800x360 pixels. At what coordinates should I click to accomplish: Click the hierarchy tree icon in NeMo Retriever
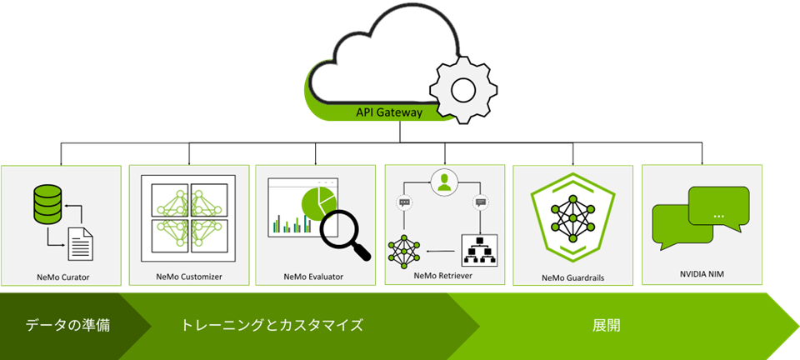point(480,249)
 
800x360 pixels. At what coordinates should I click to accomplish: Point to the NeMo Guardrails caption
point(573,277)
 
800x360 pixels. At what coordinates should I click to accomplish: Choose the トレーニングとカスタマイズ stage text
point(272,325)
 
